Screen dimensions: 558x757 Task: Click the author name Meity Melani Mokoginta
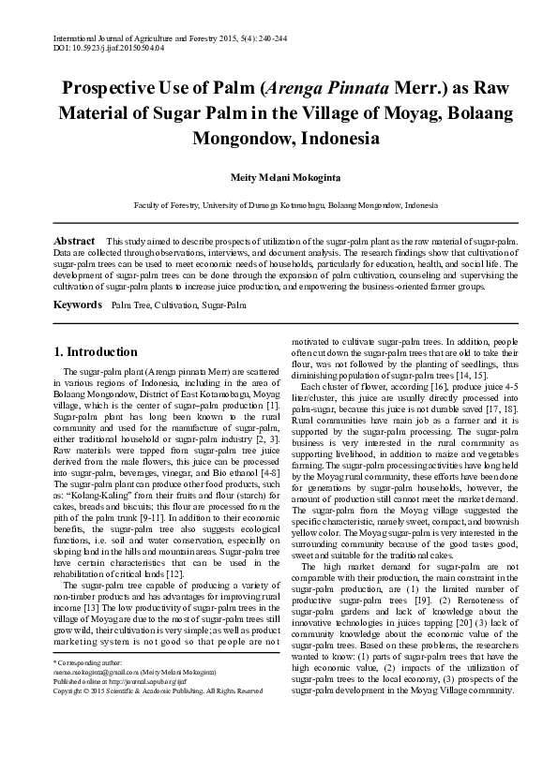[x=279, y=176]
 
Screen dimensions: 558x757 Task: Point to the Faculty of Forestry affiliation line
[x=279, y=203]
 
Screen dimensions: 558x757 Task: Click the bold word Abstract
[x=73, y=241]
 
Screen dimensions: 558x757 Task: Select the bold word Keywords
[x=76, y=305]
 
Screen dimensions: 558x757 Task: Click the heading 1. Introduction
[x=96, y=353]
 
